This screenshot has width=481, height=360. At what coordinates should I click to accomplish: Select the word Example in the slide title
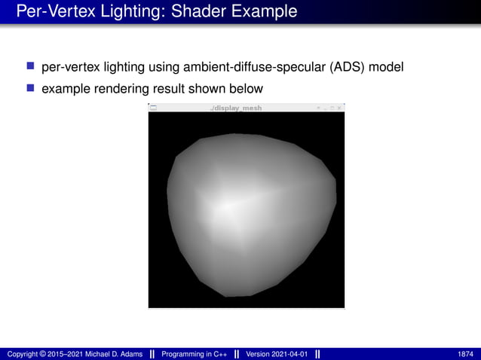tap(263, 12)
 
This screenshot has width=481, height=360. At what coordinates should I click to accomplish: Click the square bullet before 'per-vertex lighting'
tap(31, 68)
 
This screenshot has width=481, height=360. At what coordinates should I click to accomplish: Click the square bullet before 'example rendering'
tap(31, 90)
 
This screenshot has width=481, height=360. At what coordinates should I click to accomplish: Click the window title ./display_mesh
tap(237, 108)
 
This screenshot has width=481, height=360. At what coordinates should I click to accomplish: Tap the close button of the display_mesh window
tap(339, 108)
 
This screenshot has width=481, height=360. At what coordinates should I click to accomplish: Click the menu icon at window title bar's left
tap(153, 108)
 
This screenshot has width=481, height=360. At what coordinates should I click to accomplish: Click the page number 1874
tap(465, 354)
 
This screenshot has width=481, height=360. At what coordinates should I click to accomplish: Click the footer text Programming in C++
tap(195, 354)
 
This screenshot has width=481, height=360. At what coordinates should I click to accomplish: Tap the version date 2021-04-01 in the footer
tap(289, 354)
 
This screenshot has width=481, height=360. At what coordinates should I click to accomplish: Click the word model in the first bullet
tap(387, 68)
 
